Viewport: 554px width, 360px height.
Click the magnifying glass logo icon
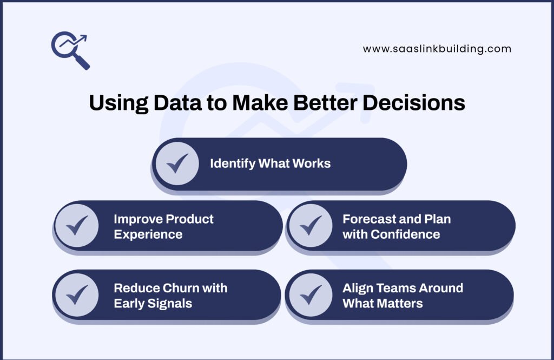point(70,50)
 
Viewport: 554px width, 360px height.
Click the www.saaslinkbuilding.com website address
point(437,49)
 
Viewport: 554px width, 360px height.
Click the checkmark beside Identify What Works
point(177,163)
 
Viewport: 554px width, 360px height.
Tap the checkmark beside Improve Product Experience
point(77,226)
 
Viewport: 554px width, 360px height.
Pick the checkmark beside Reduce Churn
point(77,295)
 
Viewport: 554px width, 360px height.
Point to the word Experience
point(148,234)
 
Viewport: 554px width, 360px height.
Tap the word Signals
point(169,303)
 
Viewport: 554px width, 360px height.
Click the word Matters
point(399,303)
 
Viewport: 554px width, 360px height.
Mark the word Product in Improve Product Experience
point(189,219)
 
